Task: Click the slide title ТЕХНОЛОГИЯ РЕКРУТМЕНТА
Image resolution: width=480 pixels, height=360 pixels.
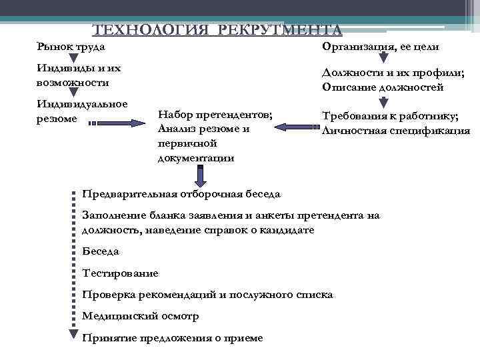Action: [217, 30]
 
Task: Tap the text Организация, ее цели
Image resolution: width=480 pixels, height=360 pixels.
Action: [380, 47]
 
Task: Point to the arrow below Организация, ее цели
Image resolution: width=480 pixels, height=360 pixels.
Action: [383, 60]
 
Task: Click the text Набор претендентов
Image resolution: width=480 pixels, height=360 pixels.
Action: [215, 115]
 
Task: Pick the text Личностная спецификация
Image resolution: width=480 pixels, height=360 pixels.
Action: [395, 130]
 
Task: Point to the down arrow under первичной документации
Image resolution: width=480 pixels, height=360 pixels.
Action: [200, 175]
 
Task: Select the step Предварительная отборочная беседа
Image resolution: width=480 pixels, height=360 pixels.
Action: [181, 194]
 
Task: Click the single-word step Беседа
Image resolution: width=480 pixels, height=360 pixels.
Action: [101, 251]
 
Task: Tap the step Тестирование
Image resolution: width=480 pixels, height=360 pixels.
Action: [120, 273]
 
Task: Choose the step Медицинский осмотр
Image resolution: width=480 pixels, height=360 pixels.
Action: [140, 316]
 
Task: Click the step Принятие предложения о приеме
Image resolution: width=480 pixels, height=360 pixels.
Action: [172, 337]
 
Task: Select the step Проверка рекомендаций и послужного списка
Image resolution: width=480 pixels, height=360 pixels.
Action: [207, 294]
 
